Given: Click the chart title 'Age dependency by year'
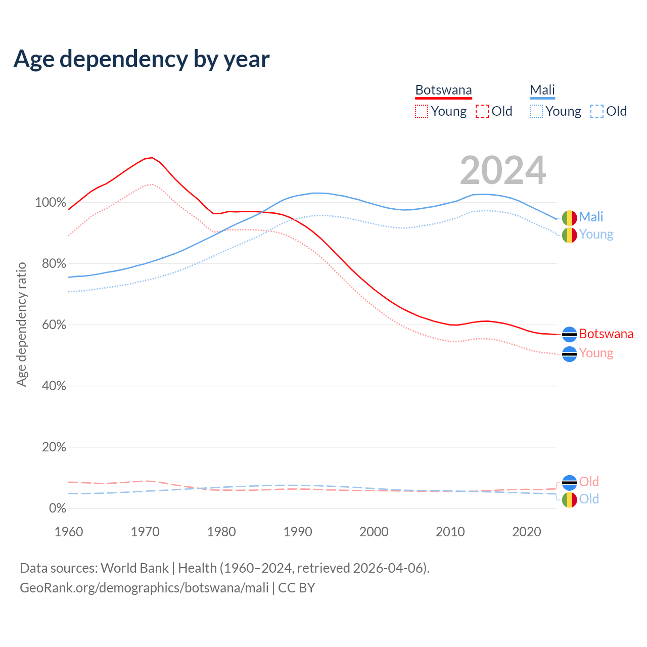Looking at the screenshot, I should coord(142,59).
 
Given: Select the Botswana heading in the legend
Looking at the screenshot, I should coord(443,90).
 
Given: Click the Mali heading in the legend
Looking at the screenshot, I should coord(542,90).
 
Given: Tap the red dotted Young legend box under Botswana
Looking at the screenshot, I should coord(421,111).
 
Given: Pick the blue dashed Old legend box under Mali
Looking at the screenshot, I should coord(596,111).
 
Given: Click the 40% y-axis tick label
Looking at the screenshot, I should coord(54,386).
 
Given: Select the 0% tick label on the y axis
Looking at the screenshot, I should coord(58,509).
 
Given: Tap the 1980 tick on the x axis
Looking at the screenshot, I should coord(221,532).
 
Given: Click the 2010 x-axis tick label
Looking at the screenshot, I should coord(450,532).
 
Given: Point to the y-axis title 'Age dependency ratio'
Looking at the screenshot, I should coord(21,324).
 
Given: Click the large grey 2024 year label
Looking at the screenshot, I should coord(503,170).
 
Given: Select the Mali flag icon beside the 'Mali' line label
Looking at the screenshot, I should coord(569,218).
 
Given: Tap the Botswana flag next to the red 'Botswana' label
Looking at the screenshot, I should coord(569,335).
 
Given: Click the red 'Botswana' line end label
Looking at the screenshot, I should coord(606,334).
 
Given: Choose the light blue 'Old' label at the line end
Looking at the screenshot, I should coord(589,499).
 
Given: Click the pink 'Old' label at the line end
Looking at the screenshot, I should coord(589,482).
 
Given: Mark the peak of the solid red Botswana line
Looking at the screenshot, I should coord(152,158).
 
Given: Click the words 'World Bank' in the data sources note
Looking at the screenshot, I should coord(134,568).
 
